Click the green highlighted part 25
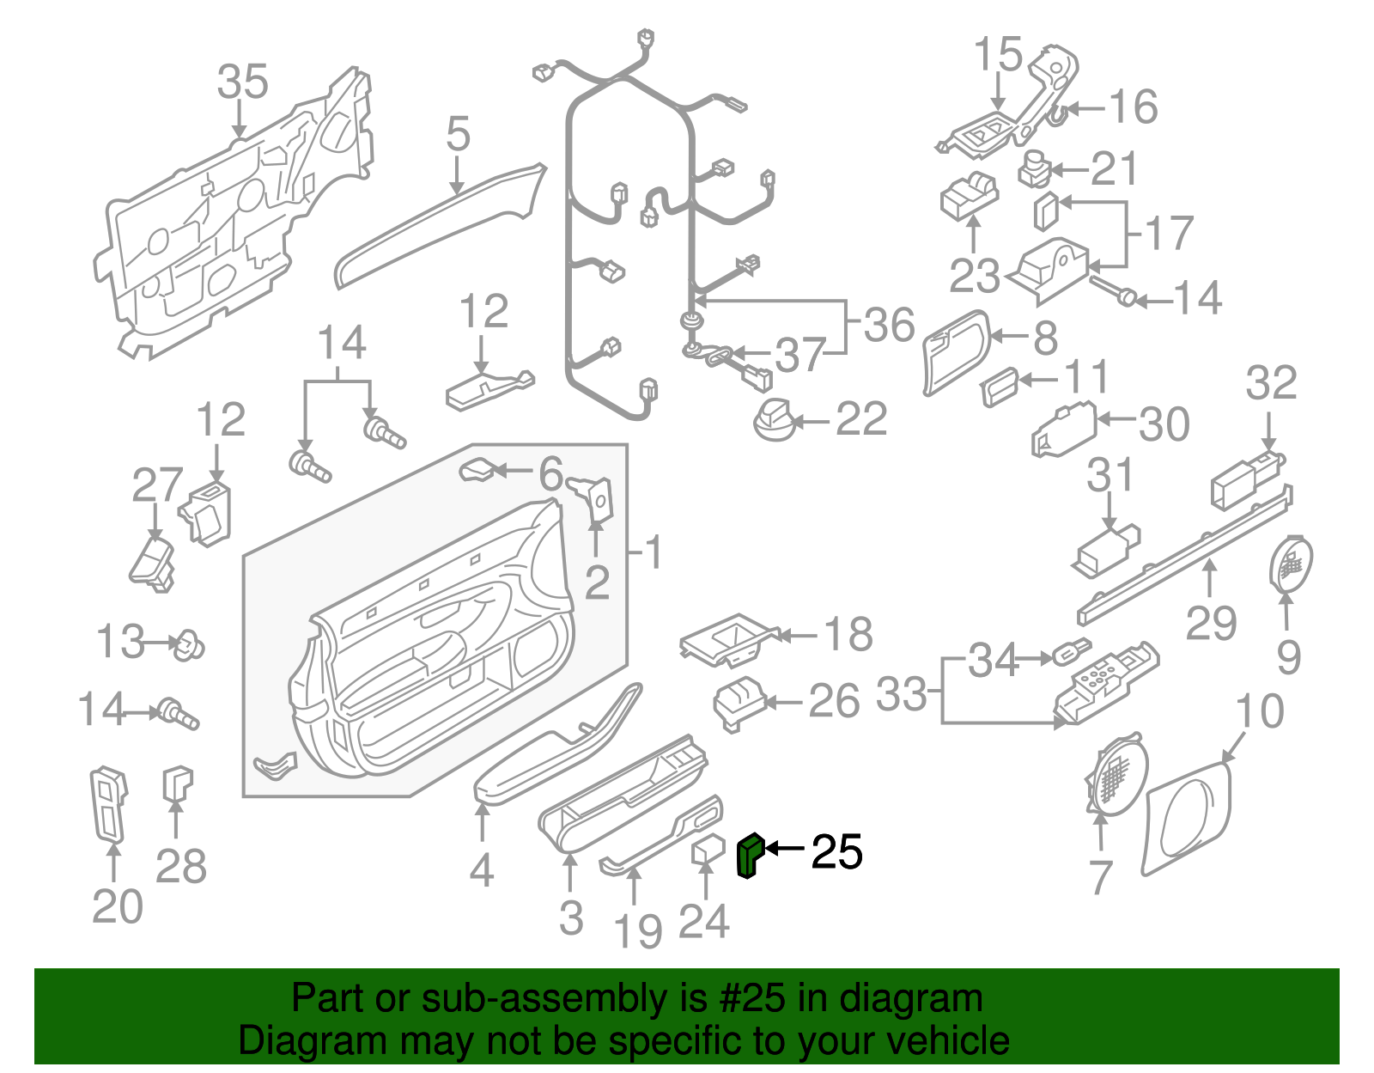pyautogui.click(x=749, y=857)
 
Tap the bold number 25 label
pyautogui.click(x=836, y=852)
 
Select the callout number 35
pyautogui.click(x=242, y=82)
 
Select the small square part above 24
pyautogui.click(x=708, y=850)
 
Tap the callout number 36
pyautogui.click(x=889, y=326)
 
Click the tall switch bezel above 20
pyautogui.click(x=108, y=803)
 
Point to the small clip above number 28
pyautogui.click(x=177, y=783)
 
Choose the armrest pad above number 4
pyautogui.click(x=550, y=760)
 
